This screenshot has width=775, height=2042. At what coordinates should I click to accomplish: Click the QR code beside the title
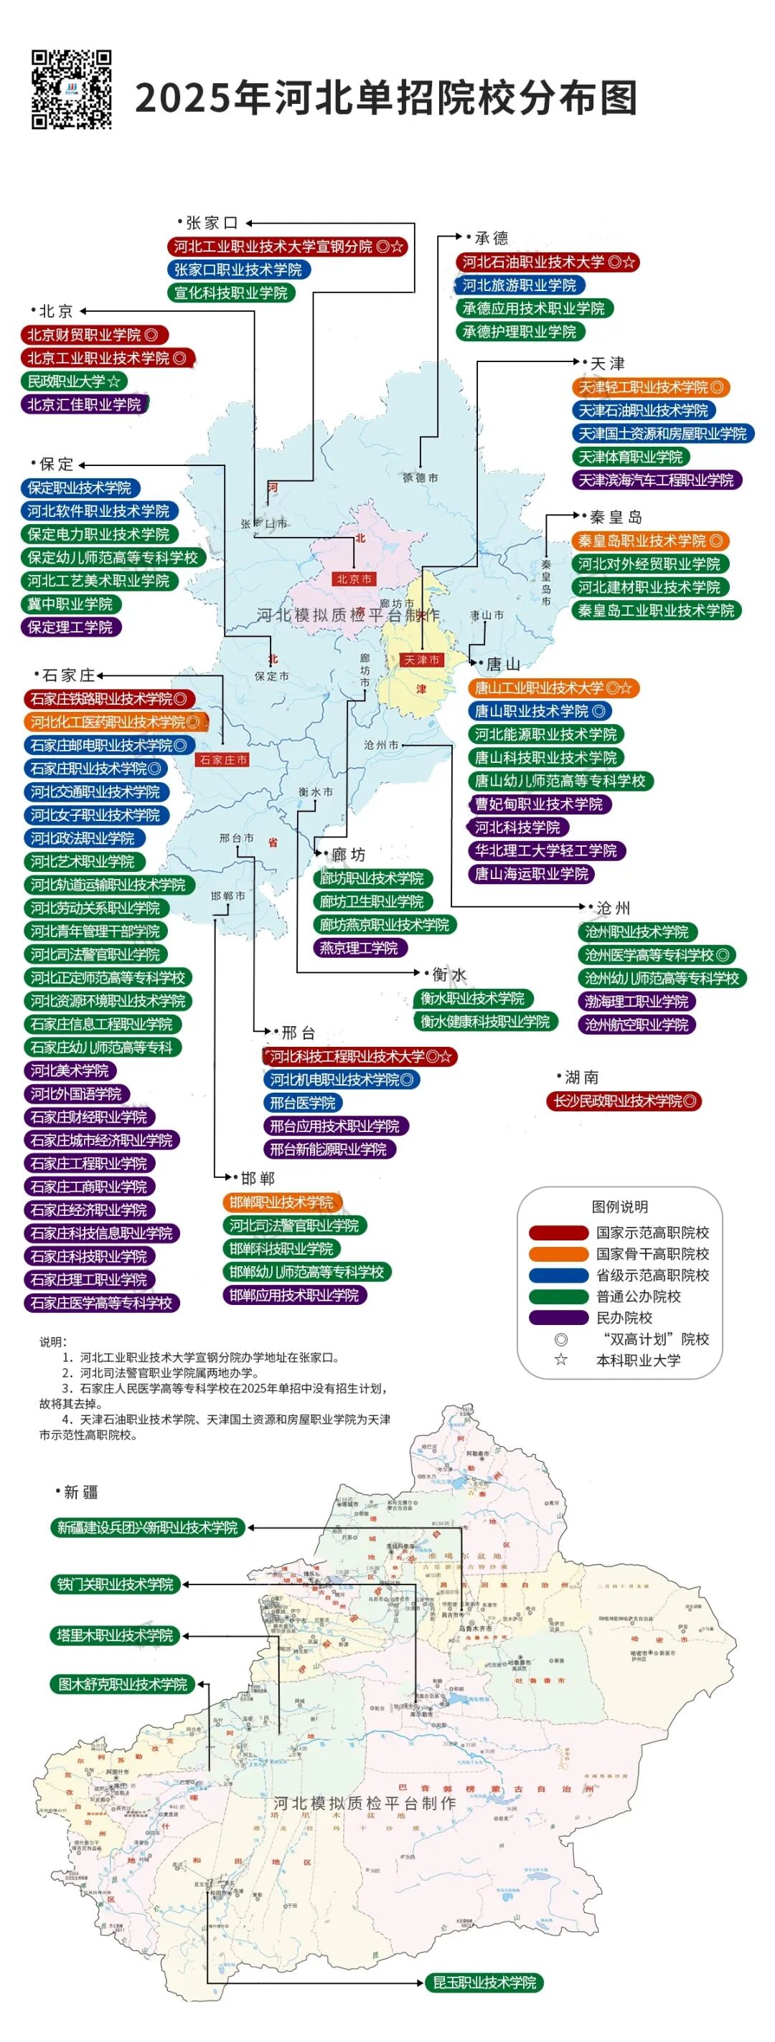click(x=71, y=89)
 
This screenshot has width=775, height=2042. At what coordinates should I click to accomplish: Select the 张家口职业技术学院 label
click(x=239, y=270)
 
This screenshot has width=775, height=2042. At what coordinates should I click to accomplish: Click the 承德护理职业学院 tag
click(x=520, y=331)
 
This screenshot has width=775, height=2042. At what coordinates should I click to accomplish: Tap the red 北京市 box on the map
click(x=354, y=579)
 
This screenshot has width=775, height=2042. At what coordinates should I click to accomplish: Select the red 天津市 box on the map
click(x=422, y=660)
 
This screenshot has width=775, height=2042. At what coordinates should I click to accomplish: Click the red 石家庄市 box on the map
click(x=223, y=759)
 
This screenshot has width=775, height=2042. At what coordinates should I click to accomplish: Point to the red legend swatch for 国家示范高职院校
click(x=558, y=1233)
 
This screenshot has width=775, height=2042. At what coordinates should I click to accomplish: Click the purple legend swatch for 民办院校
click(x=558, y=1317)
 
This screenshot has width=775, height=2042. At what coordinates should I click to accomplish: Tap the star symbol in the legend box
click(x=561, y=1360)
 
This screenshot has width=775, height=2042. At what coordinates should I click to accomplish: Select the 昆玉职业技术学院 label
click(x=484, y=1982)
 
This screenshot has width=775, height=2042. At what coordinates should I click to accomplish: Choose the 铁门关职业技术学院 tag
click(x=116, y=1584)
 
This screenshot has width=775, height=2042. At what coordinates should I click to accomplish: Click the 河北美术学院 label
click(x=70, y=1071)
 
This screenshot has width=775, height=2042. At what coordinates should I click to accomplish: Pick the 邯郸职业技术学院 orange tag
click(x=281, y=1202)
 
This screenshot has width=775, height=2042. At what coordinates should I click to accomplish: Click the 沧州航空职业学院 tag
click(x=637, y=1024)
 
